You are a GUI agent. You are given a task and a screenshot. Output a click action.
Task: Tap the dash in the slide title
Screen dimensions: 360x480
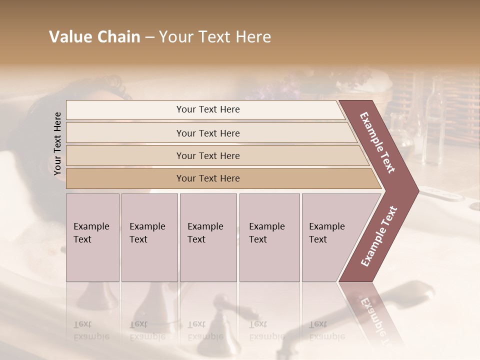click(149, 37)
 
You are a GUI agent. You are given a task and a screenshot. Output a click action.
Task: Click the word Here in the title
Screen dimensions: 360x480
click(253, 37)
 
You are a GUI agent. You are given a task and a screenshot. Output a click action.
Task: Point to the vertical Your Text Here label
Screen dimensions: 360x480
click(57, 143)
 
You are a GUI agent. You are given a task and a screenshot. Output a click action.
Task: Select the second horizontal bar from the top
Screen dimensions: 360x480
click(208, 133)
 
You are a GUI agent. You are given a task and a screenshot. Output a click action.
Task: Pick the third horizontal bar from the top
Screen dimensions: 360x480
click(208, 155)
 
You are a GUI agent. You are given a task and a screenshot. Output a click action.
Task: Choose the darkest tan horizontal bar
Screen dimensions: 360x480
click(208, 178)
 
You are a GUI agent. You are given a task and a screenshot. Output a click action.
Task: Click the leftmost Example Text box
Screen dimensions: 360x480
click(92, 237)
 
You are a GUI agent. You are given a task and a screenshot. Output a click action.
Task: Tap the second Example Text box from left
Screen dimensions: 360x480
click(149, 237)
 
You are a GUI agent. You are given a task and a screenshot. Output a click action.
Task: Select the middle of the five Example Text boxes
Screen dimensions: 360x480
click(208, 237)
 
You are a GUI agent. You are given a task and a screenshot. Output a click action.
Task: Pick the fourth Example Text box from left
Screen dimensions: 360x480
click(269, 237)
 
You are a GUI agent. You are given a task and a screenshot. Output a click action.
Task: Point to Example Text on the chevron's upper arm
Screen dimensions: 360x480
click(378, 143)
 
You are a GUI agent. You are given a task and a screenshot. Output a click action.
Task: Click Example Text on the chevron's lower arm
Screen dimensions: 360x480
click(378, 236)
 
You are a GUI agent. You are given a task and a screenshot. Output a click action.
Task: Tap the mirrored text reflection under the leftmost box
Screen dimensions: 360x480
click(91, 330)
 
